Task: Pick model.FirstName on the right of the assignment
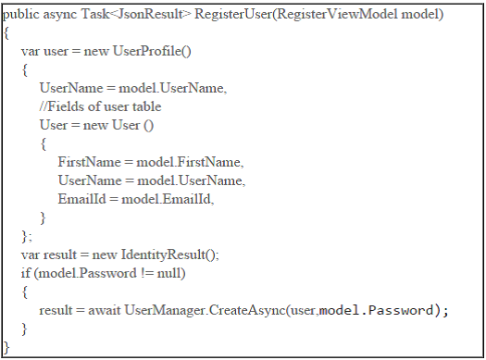pos(189,162)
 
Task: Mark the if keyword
pos(25,273)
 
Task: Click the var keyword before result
pos(31,254)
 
